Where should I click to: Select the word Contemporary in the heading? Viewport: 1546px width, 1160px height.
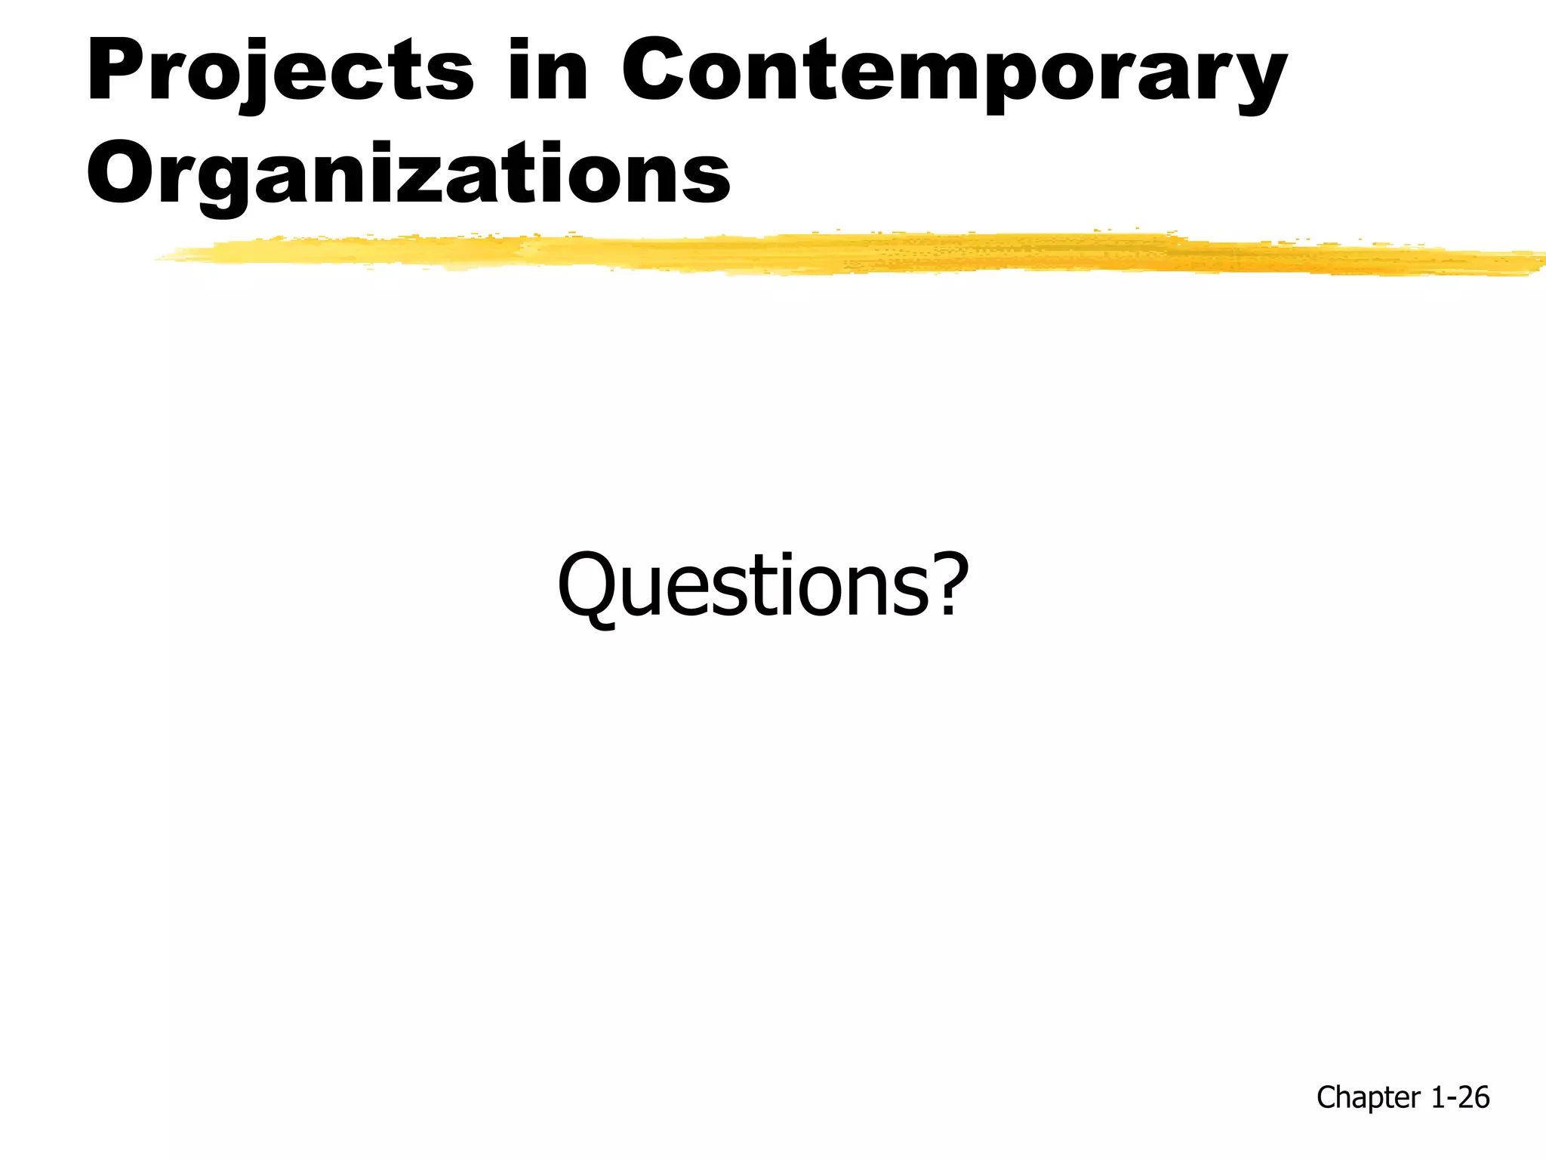954,72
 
